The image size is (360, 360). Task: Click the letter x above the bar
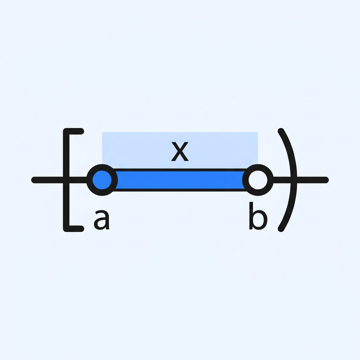tap(180, 151)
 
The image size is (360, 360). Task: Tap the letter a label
tap(102, 220)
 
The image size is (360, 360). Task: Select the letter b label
tap(258, 216)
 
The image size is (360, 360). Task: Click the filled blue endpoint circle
tap(102, 180)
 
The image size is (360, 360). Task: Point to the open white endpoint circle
tap(258, 180)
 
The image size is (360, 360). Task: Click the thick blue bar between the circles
tap(180, 180)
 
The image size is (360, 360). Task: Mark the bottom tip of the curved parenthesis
tap(281, 229)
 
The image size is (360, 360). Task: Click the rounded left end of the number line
tap(34, 180)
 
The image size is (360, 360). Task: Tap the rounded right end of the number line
tap(326, 180)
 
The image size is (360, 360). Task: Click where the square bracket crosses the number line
tap(66, 180)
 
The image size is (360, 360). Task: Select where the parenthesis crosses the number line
tap(294, 180)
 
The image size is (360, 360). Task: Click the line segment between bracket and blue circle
tap(78, 180)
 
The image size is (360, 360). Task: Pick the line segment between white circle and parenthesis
tap(282, 180)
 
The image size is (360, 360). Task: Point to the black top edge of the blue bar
tap(180, 170)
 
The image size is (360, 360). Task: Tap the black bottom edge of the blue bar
tap(180, 190)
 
